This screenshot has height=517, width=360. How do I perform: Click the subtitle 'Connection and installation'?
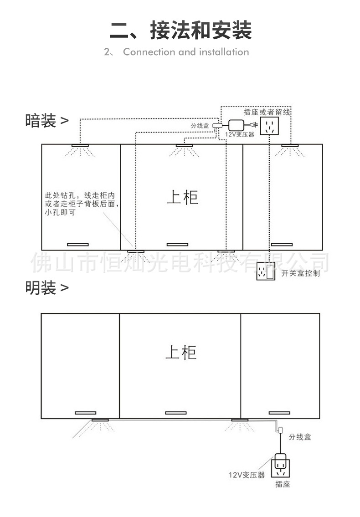[x=186, y=52]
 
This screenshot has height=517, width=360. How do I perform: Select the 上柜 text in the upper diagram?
[x=182, y=197]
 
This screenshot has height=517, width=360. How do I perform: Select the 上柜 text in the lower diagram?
[x=181, y=352]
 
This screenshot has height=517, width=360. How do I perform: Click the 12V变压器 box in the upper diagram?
[x=236, y=125]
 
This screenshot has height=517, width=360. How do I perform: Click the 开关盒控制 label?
[x=301, y=273]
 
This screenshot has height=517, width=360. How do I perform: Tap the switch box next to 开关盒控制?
[x=266, y=272]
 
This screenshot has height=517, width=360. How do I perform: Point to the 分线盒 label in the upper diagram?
[x=200, y=125]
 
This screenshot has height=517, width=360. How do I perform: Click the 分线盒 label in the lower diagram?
[x=299, y=437]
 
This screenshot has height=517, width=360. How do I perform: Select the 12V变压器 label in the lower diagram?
[x=247, y=475]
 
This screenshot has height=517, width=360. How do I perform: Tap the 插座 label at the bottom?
[x=283, y=485]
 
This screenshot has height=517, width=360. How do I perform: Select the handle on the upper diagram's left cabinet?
[x=78, y=245]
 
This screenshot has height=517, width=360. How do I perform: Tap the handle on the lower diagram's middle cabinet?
[x=176, y=413]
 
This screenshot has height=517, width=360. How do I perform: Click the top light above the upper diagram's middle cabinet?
[x=185, y=145]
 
